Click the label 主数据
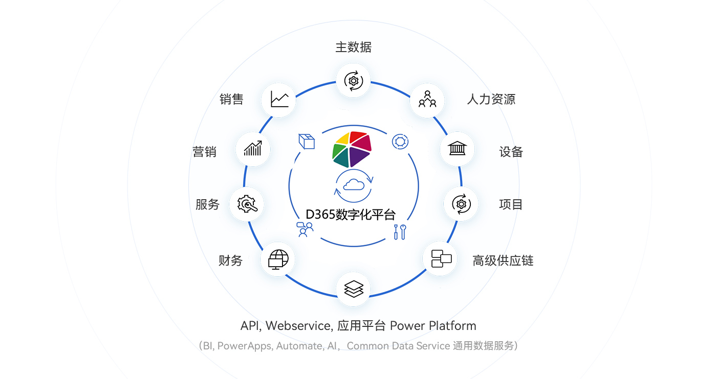coord(353,48)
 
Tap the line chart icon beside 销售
coord(279,99)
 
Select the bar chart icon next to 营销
coord(253,149)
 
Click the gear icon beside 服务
coord(247,204)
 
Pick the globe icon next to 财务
coord(278,259)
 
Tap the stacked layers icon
coord(353,289)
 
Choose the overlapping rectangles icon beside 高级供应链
coord(440,258)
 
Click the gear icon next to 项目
coord(461,204)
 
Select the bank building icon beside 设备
coord(457,149)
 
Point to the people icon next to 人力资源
coord(427,100)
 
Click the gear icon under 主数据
coord(353,81)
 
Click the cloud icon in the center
coord(354,185)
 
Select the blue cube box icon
coord(307,141)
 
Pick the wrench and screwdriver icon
coord(399,232)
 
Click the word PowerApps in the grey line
coord(244,346)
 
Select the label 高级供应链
coord(503,261)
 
